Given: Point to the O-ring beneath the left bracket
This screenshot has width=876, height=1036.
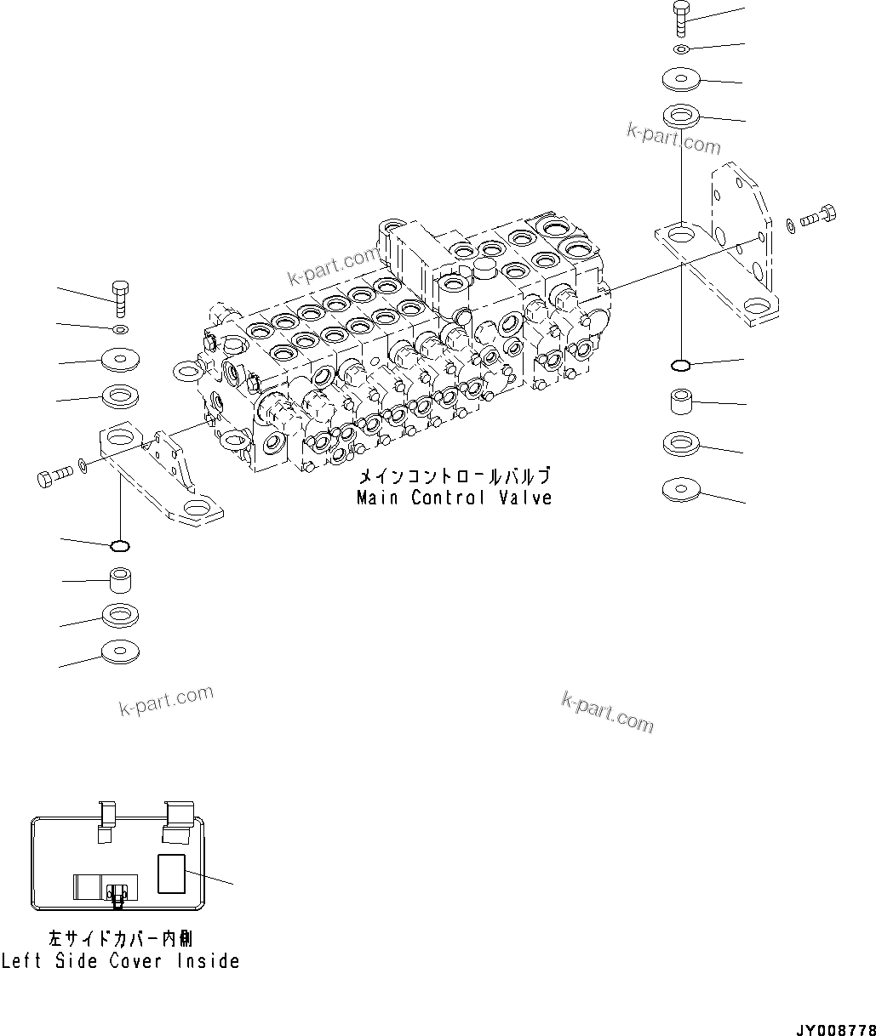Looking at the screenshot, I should tap(121, 545).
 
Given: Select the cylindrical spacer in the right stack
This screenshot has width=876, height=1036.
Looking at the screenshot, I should tap(682, 401).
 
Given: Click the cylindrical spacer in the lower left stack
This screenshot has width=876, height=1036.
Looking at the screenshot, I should tap(121, 582).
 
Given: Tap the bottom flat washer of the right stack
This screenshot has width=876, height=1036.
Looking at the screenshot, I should tap(681, 489).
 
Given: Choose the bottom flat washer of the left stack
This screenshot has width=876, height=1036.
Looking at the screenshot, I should tap(120, 652).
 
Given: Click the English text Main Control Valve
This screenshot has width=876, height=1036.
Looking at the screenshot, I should tap(454, 498).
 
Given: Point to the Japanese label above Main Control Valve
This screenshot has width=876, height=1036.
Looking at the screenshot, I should tap(453, 477).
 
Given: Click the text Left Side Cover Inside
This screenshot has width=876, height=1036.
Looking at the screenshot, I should tap(120, 961).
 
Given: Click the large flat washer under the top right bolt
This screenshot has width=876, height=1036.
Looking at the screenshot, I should tap(681, 79).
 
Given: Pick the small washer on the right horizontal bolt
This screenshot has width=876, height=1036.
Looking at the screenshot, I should tap(792, 224).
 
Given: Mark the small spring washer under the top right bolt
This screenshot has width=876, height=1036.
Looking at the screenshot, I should tap(680, 48).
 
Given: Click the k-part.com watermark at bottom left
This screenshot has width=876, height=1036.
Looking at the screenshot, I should tap(166, 702).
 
